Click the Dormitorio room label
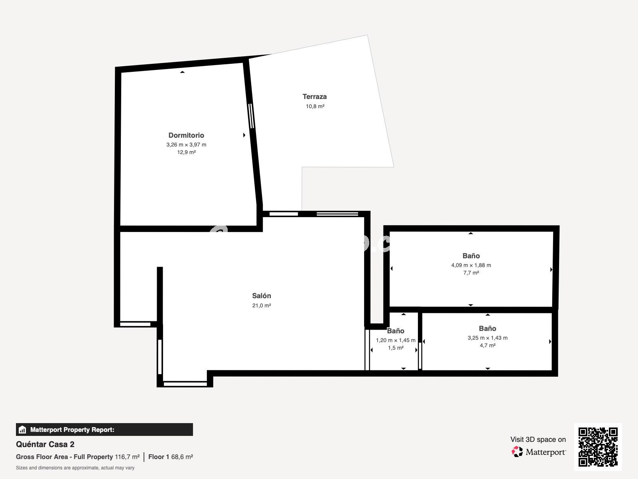(x=186, y=135)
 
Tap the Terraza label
(x=315, y=97)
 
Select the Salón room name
(x=262, y=296)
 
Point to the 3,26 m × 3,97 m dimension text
(x=186, y=144)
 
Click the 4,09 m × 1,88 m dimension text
(x=471, y=265)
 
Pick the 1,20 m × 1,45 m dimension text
(x=396, y=340)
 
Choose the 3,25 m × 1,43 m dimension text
(x=487, y=338)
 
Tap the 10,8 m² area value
(x=315, y=107)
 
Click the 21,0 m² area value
(x=262, y=305)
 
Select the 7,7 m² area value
(x=471, y=273)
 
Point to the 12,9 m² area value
(x=186, y=152)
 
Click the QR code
(x=598, y=447)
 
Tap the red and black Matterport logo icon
(x=517, y=452)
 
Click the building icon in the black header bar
(x=22, y=430)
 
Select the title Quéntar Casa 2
(x=45, y=444)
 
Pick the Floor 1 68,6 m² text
(x=171, y=457)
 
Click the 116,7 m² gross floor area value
(x=127, y=457)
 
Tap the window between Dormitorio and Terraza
(x=252, y=116)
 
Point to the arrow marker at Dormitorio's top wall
(x=182, y=72)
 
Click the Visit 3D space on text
(x=538, y=439)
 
